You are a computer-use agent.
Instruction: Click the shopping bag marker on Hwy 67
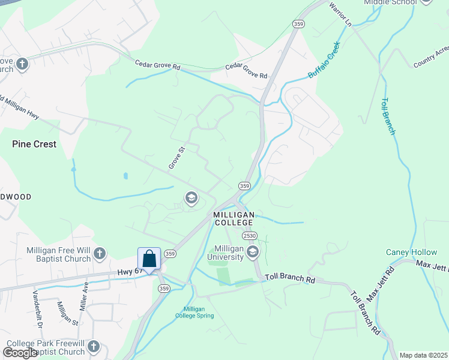tap(149, 259)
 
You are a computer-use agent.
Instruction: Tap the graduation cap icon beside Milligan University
tap(253, 251)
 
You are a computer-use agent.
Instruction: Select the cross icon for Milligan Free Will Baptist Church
tap(100, 254)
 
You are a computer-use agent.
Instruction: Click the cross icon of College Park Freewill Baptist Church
tap(93, 347)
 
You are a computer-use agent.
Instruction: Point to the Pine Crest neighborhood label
tap(34, 144)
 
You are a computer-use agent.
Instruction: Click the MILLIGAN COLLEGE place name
tap(234, 218)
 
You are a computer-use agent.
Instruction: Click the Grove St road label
tap(176, 157)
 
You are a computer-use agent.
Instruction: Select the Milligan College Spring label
tap(194, 313)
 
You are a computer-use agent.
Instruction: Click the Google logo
tap(20, 352)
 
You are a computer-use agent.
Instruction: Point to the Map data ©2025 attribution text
tap(424, 355)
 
